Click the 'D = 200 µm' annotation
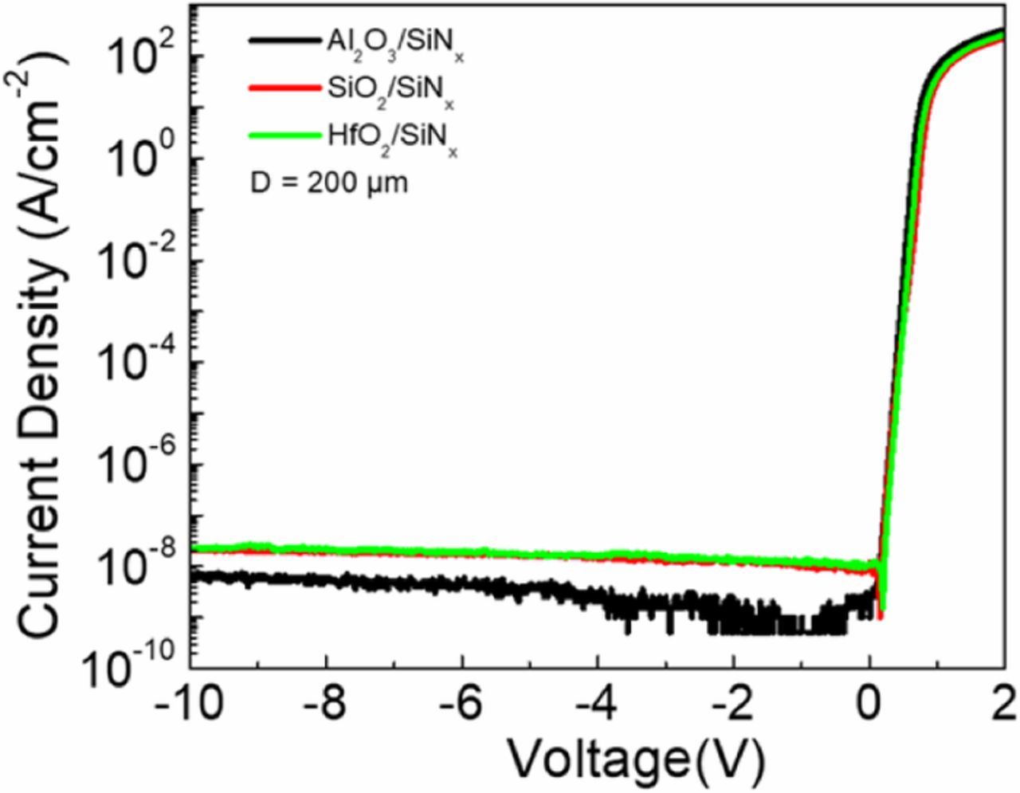click(x=328, y=183)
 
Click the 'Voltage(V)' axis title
click(x=636, y=760)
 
